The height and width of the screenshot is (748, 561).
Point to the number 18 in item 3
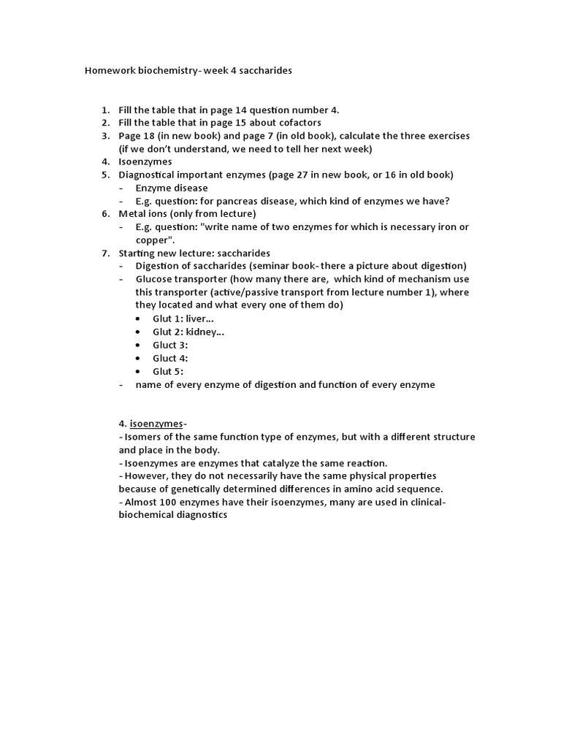pos(148,136)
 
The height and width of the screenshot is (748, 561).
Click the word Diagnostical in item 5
pos(148,175)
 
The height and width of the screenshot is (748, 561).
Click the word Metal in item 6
pos(132,213)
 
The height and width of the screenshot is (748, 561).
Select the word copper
pos(152,240)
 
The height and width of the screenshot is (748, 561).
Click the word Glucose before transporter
pos(154,279)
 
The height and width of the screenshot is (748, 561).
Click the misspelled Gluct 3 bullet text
pos(170,345)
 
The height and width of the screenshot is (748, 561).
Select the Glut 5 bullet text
pos(168,371)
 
